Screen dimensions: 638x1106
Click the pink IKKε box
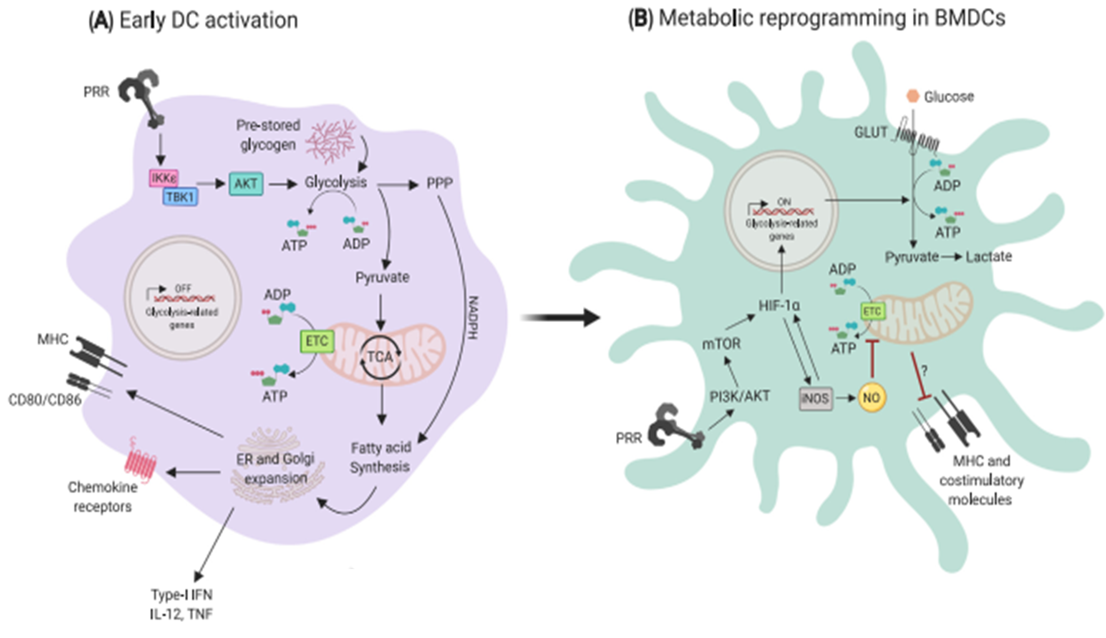164,178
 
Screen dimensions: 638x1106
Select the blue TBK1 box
180,197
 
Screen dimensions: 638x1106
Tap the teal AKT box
246,184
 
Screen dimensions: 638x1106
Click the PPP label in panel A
440,183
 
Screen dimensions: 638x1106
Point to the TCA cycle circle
381,357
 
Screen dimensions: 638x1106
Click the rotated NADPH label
473,318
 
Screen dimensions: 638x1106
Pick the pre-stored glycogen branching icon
332,141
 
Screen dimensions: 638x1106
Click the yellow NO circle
872,398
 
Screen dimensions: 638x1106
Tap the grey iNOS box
815,398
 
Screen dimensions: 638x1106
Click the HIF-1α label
779,306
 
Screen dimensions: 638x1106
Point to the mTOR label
721,344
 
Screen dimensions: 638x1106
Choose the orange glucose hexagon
913,96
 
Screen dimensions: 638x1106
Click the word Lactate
988,257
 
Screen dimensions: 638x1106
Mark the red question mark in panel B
924,370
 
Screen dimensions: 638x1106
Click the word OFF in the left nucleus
183,288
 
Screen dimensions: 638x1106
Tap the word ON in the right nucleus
784,202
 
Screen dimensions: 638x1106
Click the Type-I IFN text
182,595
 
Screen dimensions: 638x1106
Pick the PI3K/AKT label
740,396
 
